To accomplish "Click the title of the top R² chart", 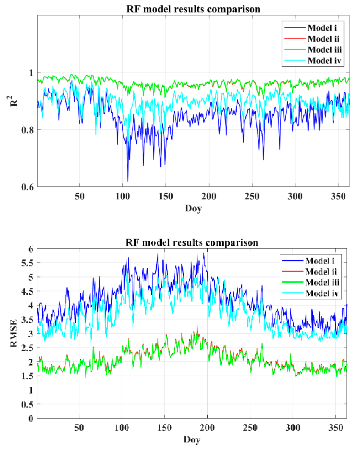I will [193, 9].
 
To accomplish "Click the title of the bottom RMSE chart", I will [192, 242].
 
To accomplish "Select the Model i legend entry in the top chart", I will [322, 28].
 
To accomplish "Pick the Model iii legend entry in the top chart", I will [324, 50].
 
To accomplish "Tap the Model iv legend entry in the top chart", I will [324, 61].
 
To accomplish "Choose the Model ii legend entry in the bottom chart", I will [321, 272].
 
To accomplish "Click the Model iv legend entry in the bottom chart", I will [322, 294].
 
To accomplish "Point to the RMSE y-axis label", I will [14, 333].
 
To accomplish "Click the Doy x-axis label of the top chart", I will [193, 208].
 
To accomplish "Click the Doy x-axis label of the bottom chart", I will [192, 440].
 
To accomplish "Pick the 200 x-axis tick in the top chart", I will [209, 196].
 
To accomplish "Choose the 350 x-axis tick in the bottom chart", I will [336, 428].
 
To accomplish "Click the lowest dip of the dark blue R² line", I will [128, 181].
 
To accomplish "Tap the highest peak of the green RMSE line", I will [197, 325].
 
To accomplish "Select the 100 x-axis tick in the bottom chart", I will [122, 428].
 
